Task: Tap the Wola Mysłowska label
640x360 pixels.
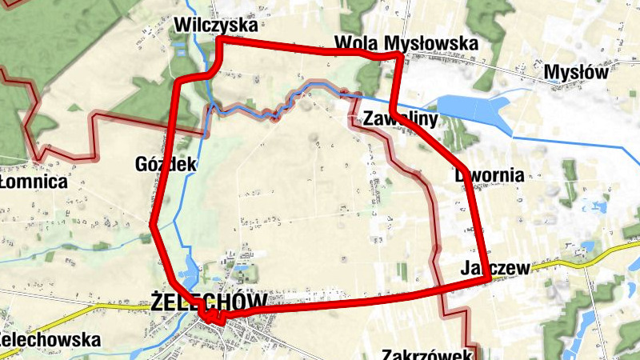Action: [406, 42]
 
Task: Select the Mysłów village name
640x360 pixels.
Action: [576, 73]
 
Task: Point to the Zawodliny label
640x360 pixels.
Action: [400, 120]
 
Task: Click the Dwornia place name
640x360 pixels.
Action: [489, 174]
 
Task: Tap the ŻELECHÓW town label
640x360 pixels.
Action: [209, 302]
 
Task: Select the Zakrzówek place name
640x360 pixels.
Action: [429, 354]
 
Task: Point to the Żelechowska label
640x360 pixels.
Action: [50, 340]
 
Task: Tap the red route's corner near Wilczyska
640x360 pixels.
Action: [219, 39]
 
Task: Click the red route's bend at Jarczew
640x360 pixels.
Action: [486, 278]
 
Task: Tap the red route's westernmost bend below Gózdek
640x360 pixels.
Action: [153, 226]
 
